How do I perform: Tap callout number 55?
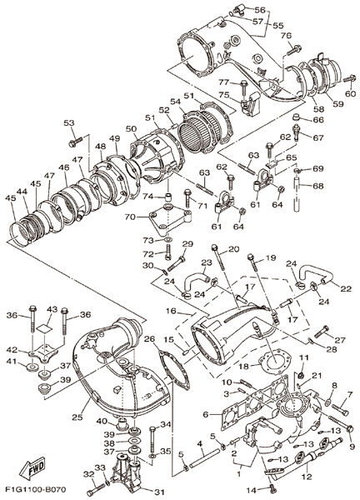click(277, 25)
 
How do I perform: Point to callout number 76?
click(286, 36)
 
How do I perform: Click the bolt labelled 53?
click(76, 142)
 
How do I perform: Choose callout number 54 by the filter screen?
click(174, 102)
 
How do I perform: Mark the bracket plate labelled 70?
click(170, 217)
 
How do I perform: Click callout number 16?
click(171, 311)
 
